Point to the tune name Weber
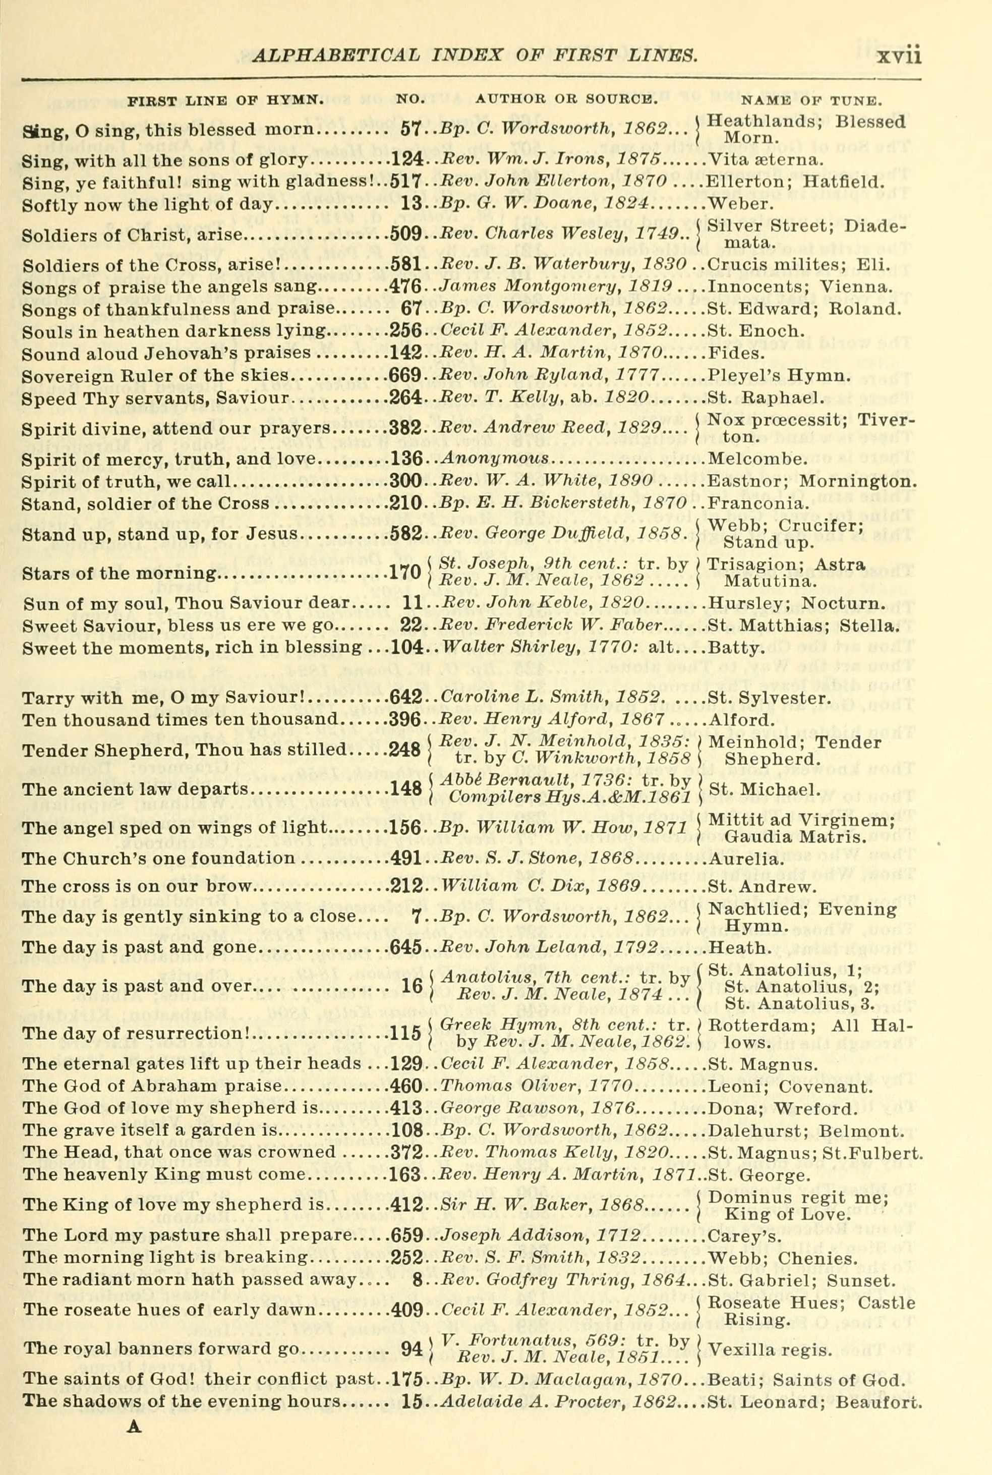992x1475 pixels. click(x=733, y=204)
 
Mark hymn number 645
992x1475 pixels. click(x=405, y=947)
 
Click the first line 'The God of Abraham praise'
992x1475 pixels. click(x=151, y=1087)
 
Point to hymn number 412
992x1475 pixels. click(x=405, y=1206)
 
